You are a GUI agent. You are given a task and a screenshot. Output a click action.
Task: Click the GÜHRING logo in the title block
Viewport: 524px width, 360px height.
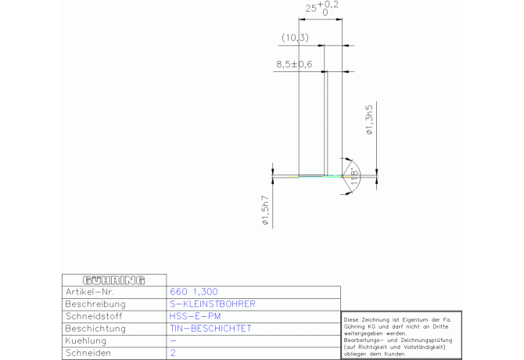point(113,280)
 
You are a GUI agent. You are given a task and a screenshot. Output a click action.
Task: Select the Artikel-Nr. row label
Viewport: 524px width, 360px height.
point(90,292)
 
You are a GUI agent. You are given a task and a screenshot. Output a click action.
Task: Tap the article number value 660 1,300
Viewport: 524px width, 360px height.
point(194,292)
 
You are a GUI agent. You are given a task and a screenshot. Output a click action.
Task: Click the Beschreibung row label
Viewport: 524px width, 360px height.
point(95,304)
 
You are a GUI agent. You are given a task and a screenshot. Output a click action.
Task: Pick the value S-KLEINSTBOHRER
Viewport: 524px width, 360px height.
point(213,304)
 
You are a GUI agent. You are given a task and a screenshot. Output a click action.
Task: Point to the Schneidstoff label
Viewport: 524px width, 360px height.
point(94,316)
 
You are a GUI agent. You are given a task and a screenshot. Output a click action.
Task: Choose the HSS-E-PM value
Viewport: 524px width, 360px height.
point(196,316)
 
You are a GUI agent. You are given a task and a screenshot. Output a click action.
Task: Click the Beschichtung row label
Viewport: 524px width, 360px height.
point(95,329)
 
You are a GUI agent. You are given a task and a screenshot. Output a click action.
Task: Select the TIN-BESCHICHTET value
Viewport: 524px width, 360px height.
point(210,329)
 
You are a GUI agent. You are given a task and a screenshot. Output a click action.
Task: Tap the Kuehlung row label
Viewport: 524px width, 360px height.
point(86,340)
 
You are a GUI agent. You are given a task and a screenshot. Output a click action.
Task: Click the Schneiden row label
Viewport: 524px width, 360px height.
point(88,353)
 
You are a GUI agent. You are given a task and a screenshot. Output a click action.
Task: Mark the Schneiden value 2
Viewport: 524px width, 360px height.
point(173,353)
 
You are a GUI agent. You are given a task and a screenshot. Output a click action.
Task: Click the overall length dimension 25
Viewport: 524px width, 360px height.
point(310,9)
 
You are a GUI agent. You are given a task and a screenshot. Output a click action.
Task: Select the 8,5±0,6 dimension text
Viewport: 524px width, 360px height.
point(294,64)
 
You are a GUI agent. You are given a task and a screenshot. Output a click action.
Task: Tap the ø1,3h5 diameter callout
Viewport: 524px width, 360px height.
point(369,120)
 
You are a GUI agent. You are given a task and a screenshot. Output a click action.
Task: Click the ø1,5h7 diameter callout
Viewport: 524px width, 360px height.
point(265,210)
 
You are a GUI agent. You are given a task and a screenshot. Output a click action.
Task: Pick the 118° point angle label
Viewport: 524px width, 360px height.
point(355,178)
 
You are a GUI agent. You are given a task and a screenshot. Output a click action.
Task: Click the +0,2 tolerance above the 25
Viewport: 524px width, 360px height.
point(328,5)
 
